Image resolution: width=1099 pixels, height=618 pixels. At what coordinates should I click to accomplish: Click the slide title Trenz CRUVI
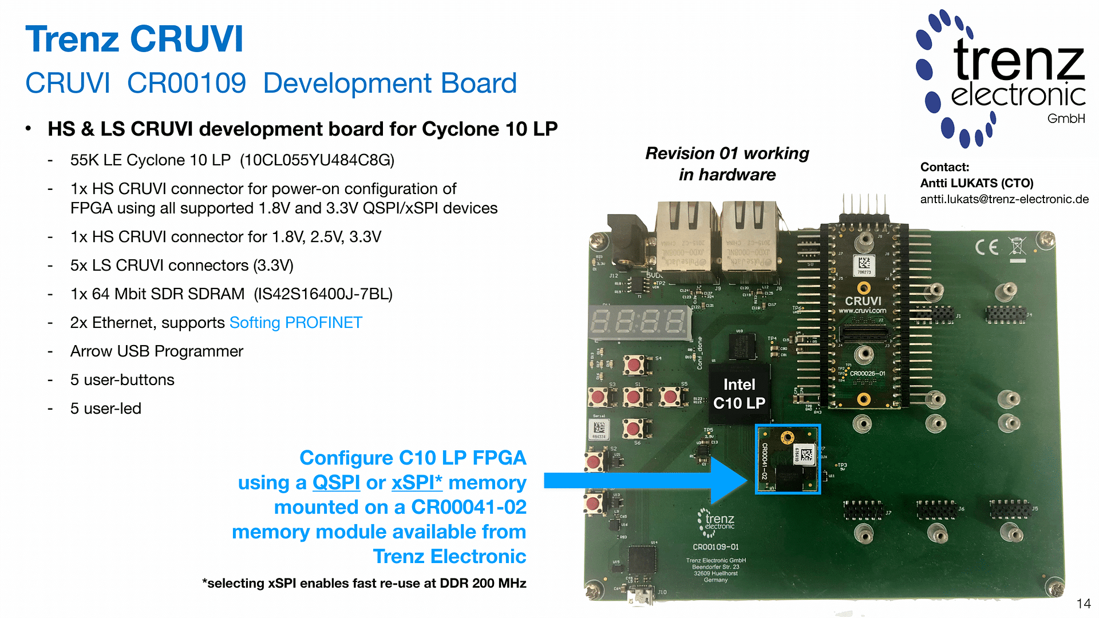(x=135, y=39)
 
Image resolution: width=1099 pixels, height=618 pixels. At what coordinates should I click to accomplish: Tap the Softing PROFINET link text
(x=295, y=323)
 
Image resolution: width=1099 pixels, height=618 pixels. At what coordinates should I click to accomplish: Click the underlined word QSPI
(x=336, y=483)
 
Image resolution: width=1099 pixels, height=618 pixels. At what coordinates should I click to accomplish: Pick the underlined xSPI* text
(x=417, y=483)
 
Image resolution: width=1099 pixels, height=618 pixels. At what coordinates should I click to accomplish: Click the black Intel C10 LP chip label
(x=739, y=394)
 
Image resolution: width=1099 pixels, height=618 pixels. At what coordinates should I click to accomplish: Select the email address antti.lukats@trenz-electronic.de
(x=1004, y=199)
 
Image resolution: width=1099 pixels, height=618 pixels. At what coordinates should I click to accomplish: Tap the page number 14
(x=1083, y=604)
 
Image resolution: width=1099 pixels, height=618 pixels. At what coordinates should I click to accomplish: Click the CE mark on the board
(x=987, y=247)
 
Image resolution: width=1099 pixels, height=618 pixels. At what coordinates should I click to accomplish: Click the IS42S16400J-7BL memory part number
(x=323, y=294)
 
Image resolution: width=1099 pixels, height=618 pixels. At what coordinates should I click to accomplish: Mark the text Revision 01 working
(x=727, y=153)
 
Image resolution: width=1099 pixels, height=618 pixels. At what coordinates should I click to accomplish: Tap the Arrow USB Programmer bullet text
(x=156, y=351)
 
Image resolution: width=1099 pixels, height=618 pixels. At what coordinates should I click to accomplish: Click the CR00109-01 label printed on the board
(x=715, y=546)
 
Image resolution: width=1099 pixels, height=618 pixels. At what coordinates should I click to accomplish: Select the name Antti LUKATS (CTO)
(x=977, y=183)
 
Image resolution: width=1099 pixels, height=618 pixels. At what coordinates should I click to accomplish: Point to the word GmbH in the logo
(x=1066, y=118)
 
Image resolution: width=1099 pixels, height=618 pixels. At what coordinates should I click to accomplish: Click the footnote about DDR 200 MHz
(x=364, y=583)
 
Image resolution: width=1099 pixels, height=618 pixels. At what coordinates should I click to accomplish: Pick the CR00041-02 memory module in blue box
(x=788, y=459)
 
